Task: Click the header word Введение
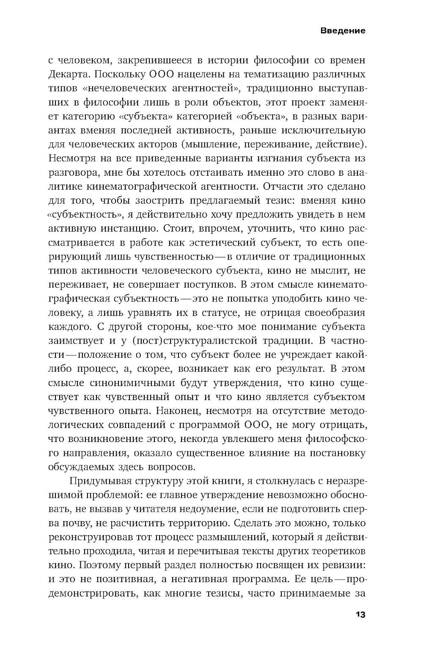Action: [x=343, y=31]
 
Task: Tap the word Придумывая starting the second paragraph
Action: [x=99, y=481]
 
